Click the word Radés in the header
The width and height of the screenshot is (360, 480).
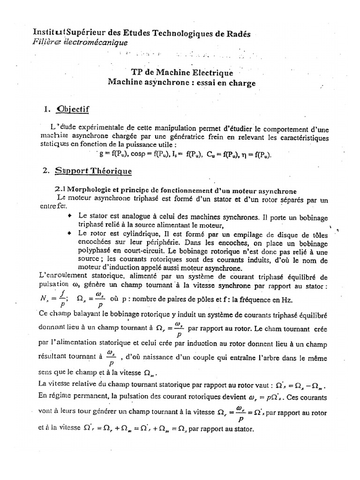tap(237, 34)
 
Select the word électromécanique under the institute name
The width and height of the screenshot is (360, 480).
tap(98, 43)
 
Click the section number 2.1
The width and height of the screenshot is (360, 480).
tap(60, 189)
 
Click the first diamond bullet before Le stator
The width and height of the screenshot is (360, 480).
tap(70, 215)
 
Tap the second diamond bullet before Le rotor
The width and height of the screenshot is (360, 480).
tap(70, 232)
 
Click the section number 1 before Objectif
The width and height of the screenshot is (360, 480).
tap(46, 110)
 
